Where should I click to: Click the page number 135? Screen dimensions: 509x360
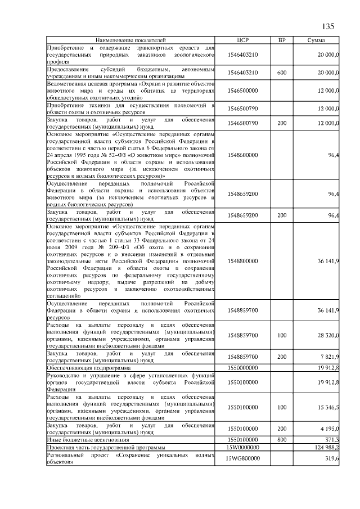point(328,26)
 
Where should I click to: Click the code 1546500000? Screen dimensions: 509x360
point(243,90)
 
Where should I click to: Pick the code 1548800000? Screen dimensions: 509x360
point(243,261)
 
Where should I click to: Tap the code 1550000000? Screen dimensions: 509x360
point(243,366)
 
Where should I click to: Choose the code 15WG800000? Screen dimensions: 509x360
point(243,458)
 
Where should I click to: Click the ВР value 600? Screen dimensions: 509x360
point(282,73)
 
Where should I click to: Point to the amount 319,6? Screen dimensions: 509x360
point(330,458)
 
